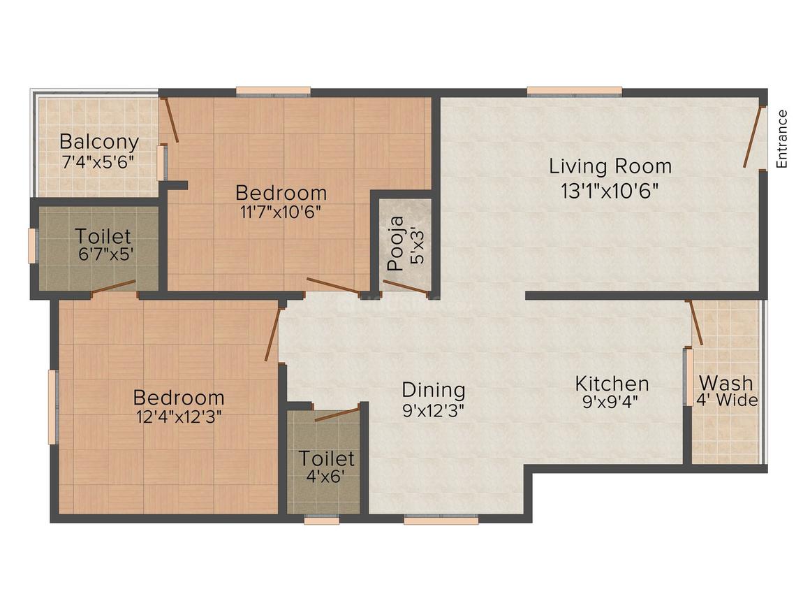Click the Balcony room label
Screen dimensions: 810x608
(x=99, y=142)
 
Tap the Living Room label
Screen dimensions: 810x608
(x=610, y=166)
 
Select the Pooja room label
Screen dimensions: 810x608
(x=396, y=243)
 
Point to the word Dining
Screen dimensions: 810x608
(x=434, y=391)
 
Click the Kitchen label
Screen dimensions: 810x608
(x=612, y=384)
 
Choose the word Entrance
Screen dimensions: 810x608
(x=782, y=138)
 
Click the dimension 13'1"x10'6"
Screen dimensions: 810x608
(x=610, y=191)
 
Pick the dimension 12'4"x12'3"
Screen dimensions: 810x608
(x=179, y=417)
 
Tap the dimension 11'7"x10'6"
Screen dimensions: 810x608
(x=281, y=212)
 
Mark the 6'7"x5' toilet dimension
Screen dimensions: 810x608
(x=106, y=254)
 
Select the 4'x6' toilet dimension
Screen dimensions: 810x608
(x=325, y=476)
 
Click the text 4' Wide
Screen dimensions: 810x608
(x=727, y=400)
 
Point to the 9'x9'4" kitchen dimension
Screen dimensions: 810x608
(x=610, y=402)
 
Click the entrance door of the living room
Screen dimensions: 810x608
(x=753, y=136)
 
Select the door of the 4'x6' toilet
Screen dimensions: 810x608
(x=337, y=414)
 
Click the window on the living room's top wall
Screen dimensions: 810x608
(x=575, y=92)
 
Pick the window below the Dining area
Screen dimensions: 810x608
(x=441, y=519)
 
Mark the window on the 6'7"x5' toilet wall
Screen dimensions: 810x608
(x=33, y=245)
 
